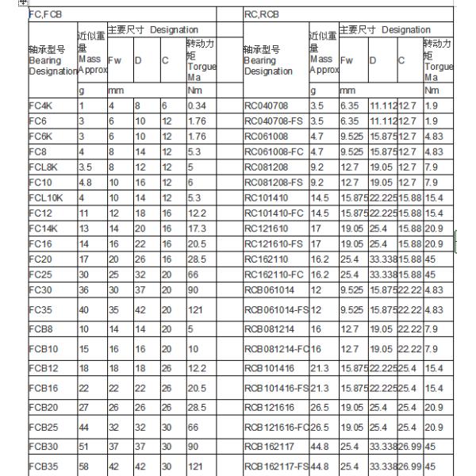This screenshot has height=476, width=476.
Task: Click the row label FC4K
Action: pos(40,104)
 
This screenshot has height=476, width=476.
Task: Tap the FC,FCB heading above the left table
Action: pos(44,14)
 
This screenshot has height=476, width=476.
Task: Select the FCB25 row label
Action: pos(41,428)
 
